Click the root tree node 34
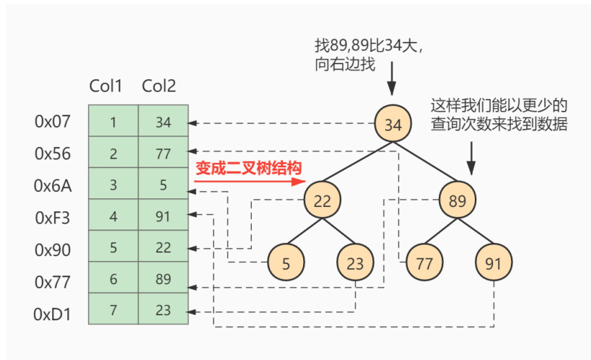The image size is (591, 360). pyautogui.click(x=392, y=124)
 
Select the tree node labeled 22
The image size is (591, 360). pyautogui.click(x=322, y=201)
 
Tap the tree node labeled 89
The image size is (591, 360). pyautogui.click(x=458, y=201)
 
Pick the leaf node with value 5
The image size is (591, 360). pyautogui.click(x=286, y=263)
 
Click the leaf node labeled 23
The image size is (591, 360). pyautogui.click(x=355, y=263)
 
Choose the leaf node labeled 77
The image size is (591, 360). pyautogui.click(x=424, y=263)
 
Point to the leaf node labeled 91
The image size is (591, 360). pyautogui.click(x=494, y=263)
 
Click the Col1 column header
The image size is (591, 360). pyautogui.click(x=105, y=87)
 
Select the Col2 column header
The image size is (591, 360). pyautogui.click(x=158, y=87)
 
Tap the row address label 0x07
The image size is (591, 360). pyautogui.click(x=53, y=122)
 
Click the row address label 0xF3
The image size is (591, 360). pyautogui.click(x=53, y=217)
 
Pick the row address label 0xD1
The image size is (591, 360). pyautogui.click(x=53, y=315)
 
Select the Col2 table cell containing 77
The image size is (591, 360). pyautogui.click(x=163, y=154)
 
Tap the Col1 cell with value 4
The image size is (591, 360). pyautogui.click(x=113, y=216)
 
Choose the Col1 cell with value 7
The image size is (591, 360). pyautogui.click(x=113, y=312)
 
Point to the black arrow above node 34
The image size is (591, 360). pyautogui.click(x=391, y=79)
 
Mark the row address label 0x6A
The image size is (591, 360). pyautogui.click(x=53, y=185)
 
